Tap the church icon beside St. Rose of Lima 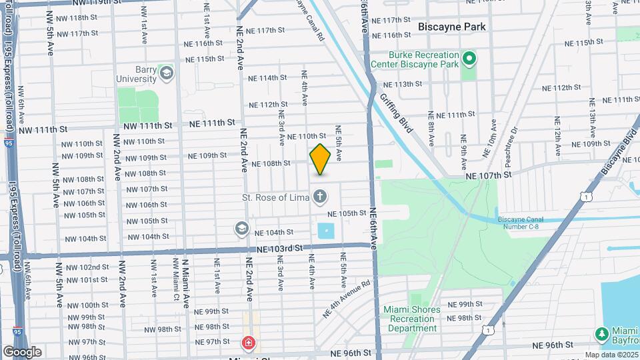coord(320,197)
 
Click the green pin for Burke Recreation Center coord(469,59)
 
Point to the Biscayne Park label coord(451,27)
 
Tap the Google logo coord(22,351)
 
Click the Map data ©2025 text coord(611,355)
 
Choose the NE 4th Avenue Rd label coord(347,297)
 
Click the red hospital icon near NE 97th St coord(247,343)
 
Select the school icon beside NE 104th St coord(241,229)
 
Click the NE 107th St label coord(489,175)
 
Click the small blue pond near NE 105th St coord(327,231)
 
